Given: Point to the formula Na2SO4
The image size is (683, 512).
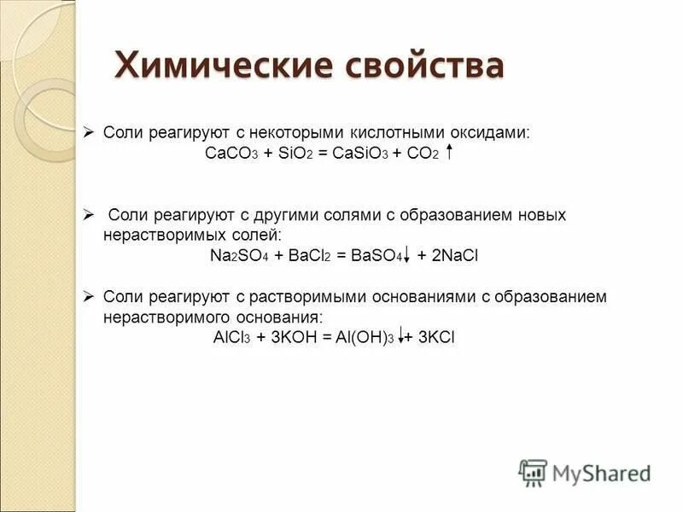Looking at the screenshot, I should point(238,255).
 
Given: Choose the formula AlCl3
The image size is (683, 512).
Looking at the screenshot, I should point(231,337).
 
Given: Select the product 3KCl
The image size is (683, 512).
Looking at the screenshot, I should point(435,337).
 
